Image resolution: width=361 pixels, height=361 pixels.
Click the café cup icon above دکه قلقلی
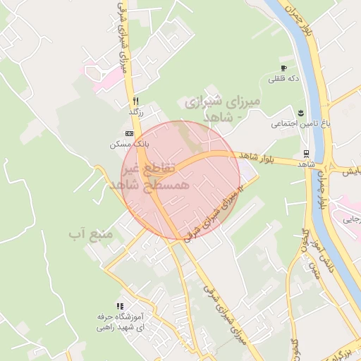click(283, 68)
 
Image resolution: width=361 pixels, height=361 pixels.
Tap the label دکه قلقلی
click(284, 79)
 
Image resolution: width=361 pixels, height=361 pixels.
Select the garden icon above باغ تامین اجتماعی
click(301, 113)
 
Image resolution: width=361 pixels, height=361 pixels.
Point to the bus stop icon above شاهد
click(305, 153)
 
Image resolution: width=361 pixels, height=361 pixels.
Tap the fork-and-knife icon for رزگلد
click(135, 100)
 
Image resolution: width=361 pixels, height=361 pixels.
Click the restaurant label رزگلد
click(136, 112)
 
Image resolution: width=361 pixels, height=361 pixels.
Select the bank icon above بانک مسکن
click(128, 133)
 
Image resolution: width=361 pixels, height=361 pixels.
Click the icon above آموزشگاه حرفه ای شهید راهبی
click(120, 307)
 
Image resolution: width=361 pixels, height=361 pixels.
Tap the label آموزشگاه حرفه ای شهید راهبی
click(120, 323)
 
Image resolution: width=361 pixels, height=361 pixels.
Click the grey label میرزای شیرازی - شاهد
click(223, 109)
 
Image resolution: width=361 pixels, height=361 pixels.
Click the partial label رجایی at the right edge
click(350, 219)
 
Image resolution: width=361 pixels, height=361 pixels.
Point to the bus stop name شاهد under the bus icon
click(305, 164)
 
